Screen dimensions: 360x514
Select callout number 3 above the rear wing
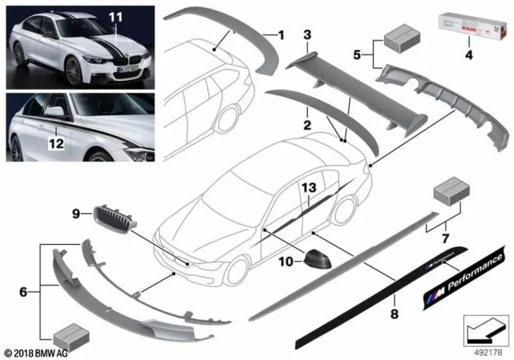[x=307, y=34]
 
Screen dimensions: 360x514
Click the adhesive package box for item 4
[x=468, y=29]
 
